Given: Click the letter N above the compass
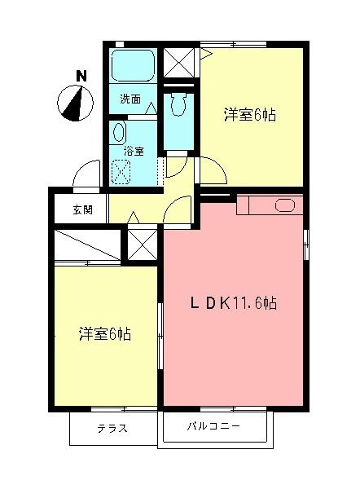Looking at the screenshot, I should pyautogui.click(x=81, y=76).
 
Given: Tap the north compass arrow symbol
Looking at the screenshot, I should pyautogui.click(x=73, y=103).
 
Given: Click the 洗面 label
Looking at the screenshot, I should pyautogui.click(x=130, y=99).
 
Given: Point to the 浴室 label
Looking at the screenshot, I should pyautogui.click(x=134, y=151).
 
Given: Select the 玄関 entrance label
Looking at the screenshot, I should pyautogui.click(x=82, y=209).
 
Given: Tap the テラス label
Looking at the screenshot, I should pyautogui.click(x=112, y=429).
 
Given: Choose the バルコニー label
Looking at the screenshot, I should pyautogui.click(x=213, y=426).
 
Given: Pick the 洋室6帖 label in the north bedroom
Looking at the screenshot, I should pyautogui.click(x=251, y=115).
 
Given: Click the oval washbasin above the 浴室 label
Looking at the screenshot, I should pyautogui.click(x=119, y=133).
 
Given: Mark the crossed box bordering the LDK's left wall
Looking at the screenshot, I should pyautogui.click(x=141, y=244).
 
